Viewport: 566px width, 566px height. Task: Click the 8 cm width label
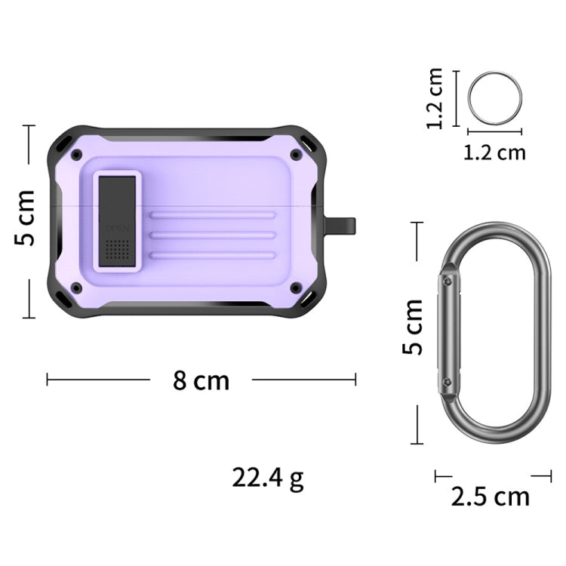click(201, 380)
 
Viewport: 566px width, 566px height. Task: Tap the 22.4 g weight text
click(268, 478)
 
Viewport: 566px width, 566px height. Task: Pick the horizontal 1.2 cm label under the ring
click(494, 152)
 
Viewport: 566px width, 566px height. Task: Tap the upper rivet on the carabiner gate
click(449, 281)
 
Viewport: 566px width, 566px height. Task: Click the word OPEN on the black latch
click(118, 227)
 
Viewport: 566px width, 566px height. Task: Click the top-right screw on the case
click(295, 155)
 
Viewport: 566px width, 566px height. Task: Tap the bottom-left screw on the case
click(76, 288)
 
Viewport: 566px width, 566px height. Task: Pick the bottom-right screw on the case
click(295, 288)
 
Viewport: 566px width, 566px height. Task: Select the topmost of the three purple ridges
click(212, 216)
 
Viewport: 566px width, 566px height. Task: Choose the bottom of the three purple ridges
click(212, 255)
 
